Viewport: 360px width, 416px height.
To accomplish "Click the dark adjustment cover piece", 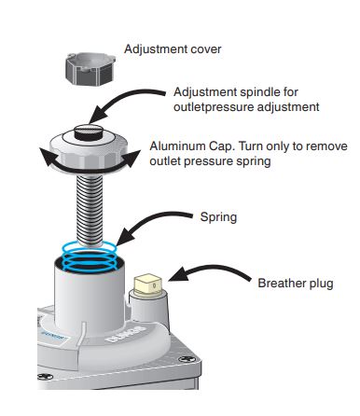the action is [x=90, y=69].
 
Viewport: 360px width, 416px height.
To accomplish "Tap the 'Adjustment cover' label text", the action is [x=173, y=49].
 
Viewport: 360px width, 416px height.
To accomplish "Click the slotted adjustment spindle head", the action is [x=90, y=132].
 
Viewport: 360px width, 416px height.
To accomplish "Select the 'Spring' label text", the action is [x=218, y=217].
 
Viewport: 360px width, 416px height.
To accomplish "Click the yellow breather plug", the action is [x=147, y=284].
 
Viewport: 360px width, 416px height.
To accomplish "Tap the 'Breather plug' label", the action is [x=296, y=284].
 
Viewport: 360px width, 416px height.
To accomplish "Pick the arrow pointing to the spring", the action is [x=149, y=219].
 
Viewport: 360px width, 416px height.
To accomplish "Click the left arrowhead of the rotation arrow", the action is [x=47, y=158].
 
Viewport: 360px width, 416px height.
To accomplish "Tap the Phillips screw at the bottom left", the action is [x=46, y=377].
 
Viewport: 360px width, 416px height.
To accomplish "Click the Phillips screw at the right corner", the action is [x=187, y=359].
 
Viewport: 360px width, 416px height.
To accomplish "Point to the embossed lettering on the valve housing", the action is [x=125, y=334].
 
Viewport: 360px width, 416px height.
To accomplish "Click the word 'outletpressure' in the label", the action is [x=214, y=107].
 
